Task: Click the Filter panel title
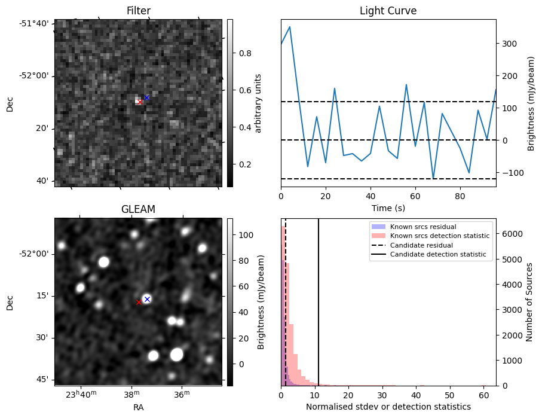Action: tap(138, 11)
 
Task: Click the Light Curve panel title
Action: tap(388, 11)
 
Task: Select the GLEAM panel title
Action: tap(138, 209)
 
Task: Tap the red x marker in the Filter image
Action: tap(140, 102)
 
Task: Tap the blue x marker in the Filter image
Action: tap(146, 97)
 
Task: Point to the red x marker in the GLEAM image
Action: tap(139, 302)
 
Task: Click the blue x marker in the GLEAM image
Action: tap(147, 299)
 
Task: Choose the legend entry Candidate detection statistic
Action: tap(437, 255)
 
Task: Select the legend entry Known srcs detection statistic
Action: tap(439, 236)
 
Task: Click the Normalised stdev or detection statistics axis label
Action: tap(388, 407)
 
